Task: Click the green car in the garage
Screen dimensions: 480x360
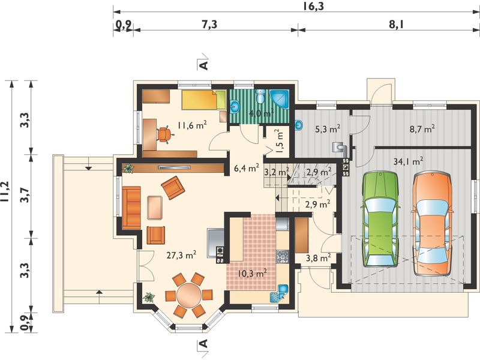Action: pyautogui.click(x=380, y=219)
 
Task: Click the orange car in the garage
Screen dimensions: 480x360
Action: pyautogui.click(x=432, y=224)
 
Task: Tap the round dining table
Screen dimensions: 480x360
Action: pyautogui.click(x=189, y=295)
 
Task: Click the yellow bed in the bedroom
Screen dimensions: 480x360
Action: pyautogui.click(x=203, y=100)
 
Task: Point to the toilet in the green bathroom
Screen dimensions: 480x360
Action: pyautogui.click(x=260, y=97)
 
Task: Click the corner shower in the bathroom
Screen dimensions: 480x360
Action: pyautogui.click(x=280, y=99)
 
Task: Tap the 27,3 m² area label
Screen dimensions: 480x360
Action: pyautogui.click(x=181, y=255)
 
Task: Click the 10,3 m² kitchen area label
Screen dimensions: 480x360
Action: pyautogui.click(x=252, y=273)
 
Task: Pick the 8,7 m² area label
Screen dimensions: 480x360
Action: pyautogui.click(x=422, y=129)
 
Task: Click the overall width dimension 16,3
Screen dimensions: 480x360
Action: pyautogui.click(x=313, y=6)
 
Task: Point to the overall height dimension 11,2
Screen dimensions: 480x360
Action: pyautogui.click(x=5, y=191)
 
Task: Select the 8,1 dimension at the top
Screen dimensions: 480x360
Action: pyautogui.click(x=397, y=24)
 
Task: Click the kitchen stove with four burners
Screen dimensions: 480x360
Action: pyautogui.click(x=282, y=257)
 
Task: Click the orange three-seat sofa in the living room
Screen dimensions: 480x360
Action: pyautogui.click(x=131, y=208)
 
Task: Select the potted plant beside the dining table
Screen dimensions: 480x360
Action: pyautogui.click(x=149, y=297)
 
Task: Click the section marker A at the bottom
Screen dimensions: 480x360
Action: pyautogui.click(x=203, y=343)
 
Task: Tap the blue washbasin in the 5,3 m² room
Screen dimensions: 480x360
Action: pyautogui.click(x=299, y=125)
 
